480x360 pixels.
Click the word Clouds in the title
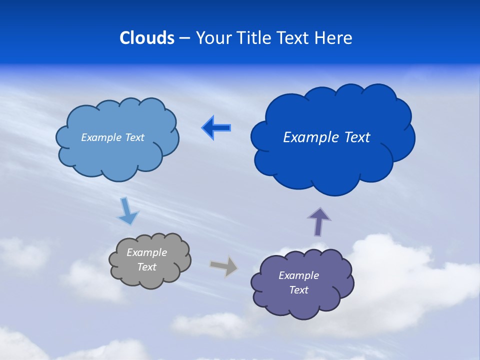click(x=147, y=38)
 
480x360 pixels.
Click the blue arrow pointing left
click(x=216, y=128)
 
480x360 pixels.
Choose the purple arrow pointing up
click(x=319, y=222)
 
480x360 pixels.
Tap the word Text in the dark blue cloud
click(x=357, y=137)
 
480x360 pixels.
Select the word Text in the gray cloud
click(x=147, y=267)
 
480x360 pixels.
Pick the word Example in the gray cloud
click(x=147, y=252)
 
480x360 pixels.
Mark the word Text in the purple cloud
click(x=298, y=290)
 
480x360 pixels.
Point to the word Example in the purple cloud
click(x=298, y=275)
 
